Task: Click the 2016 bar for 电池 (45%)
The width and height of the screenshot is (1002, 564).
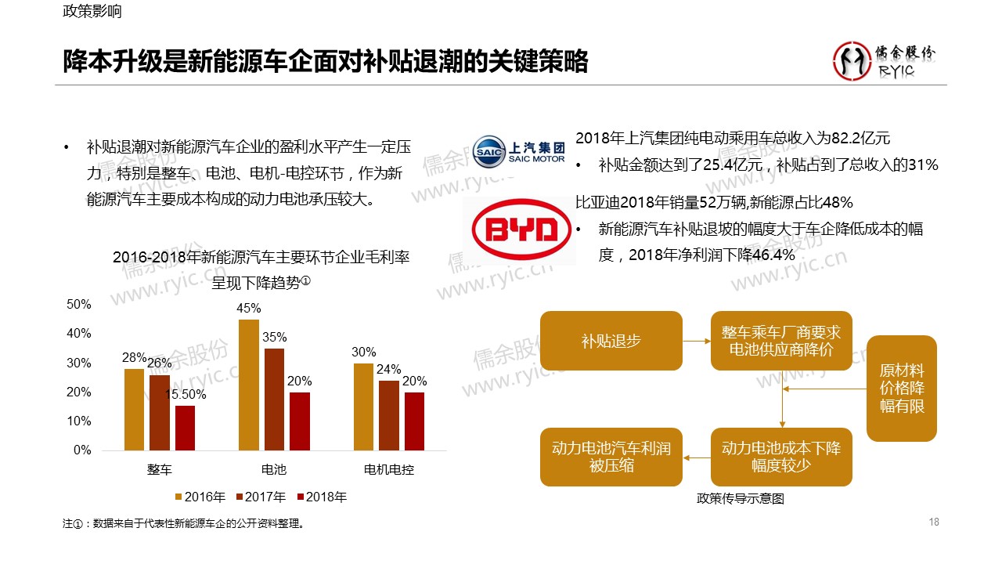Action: (248, 385)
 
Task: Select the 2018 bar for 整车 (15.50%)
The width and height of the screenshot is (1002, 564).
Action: (185, 428)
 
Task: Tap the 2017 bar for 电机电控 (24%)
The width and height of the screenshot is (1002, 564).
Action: (388, 415)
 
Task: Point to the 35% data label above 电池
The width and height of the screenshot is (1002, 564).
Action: (274, 337)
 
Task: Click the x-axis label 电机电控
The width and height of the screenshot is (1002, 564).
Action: (389, 470)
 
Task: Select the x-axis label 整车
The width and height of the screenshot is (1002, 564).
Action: (160, 470)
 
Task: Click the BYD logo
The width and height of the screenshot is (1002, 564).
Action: (521, 230)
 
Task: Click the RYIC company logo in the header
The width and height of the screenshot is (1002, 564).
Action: (883, 61)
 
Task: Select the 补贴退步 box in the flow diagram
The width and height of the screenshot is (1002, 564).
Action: (611, 341)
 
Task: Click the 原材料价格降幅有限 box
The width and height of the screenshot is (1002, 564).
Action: (901, 389)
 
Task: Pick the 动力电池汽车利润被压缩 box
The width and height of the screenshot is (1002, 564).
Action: (611, 457)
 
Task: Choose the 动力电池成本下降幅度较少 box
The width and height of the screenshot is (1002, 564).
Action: (781, 457)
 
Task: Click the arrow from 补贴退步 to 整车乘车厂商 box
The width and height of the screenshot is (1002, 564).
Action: (696, 341)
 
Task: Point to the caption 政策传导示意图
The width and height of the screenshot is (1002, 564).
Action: (740, 498)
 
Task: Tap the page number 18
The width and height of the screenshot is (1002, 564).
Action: (933, 522)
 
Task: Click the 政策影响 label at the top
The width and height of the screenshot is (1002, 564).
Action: (92, 13)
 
